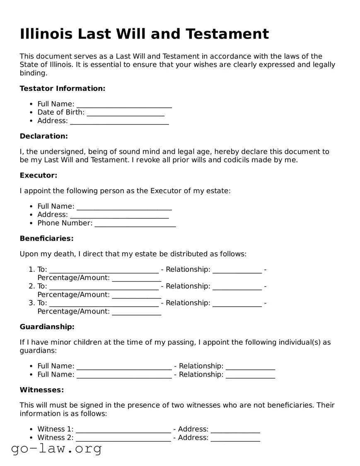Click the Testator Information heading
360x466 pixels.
(63, 88)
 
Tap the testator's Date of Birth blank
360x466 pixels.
(126, 112)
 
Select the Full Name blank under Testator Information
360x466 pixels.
(124, 104)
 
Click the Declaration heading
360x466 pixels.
(43, 136)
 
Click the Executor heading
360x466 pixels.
(39, 175)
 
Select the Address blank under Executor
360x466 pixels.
(119, 215)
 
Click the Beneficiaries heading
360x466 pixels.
(46, 238)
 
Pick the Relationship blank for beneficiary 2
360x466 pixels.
(237, 286)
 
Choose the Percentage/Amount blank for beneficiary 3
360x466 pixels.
(136, 312)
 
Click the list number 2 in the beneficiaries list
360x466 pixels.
(31, 286)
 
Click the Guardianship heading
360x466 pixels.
(47, 327)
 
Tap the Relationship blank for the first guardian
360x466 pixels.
(250, 366)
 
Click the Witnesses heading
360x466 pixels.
(42, 390)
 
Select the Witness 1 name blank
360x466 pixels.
(123, 430)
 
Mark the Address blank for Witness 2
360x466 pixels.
(235, 438)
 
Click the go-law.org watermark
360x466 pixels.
(56, 449)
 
